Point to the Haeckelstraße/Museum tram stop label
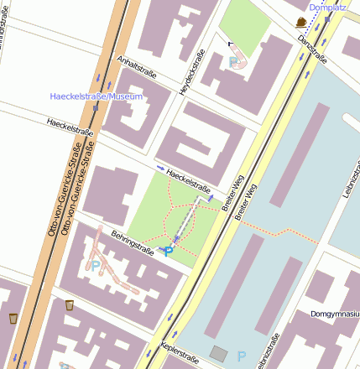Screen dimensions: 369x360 97,97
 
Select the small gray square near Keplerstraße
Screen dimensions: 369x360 218,354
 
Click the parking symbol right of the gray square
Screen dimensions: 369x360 242,356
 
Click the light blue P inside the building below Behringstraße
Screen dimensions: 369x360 95,266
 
